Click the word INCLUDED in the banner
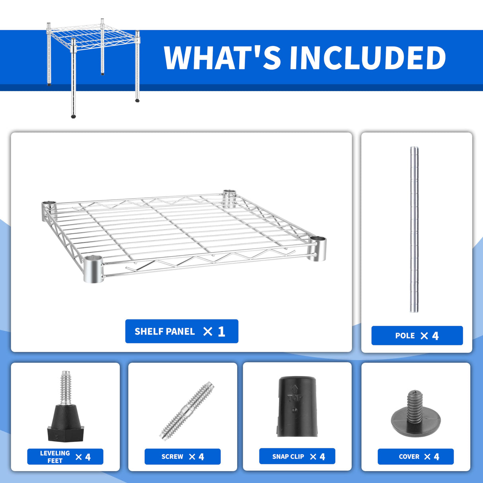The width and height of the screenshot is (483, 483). click(x=368, y=58)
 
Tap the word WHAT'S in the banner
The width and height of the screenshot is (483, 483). click(x=223, y=58)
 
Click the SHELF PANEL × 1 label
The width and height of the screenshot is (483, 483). click(x=181, y=331)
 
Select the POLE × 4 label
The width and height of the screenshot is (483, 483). click(x=417, y=336)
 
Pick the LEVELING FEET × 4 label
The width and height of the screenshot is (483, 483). click(x=65, y=457)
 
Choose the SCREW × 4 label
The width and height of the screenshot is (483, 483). click(x=182, y=457)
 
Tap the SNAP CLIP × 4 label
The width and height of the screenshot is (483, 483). click(x=297, y=456)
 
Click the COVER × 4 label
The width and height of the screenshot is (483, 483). click(x=416, y=457)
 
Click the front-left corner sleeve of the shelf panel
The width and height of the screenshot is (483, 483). click(x=93, y=269)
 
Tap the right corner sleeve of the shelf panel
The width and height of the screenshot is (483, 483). click(x=317, y=248)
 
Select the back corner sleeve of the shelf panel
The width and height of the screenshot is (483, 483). click(x=229, y=197)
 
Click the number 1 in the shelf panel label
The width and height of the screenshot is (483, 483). click(x=222, y=331)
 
